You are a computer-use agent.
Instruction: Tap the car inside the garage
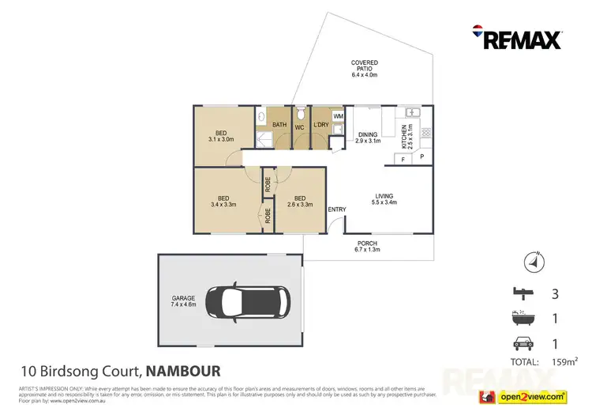point(248,301)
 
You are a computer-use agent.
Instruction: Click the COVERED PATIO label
point(365,70)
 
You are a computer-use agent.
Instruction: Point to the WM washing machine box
point(338,116)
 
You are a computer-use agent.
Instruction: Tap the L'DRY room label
point(320,126)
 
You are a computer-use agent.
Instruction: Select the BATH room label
point(279,125)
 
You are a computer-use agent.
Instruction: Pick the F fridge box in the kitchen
point(403,159)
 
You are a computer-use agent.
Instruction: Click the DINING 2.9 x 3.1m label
point(368,138)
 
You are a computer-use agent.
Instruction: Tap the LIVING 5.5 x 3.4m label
point(384,198)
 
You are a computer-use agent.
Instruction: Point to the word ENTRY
point(337,209)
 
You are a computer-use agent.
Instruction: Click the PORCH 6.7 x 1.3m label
point(367,246)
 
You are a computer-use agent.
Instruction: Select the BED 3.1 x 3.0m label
point(222,135)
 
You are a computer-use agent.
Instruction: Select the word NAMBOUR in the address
point(183,370)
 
